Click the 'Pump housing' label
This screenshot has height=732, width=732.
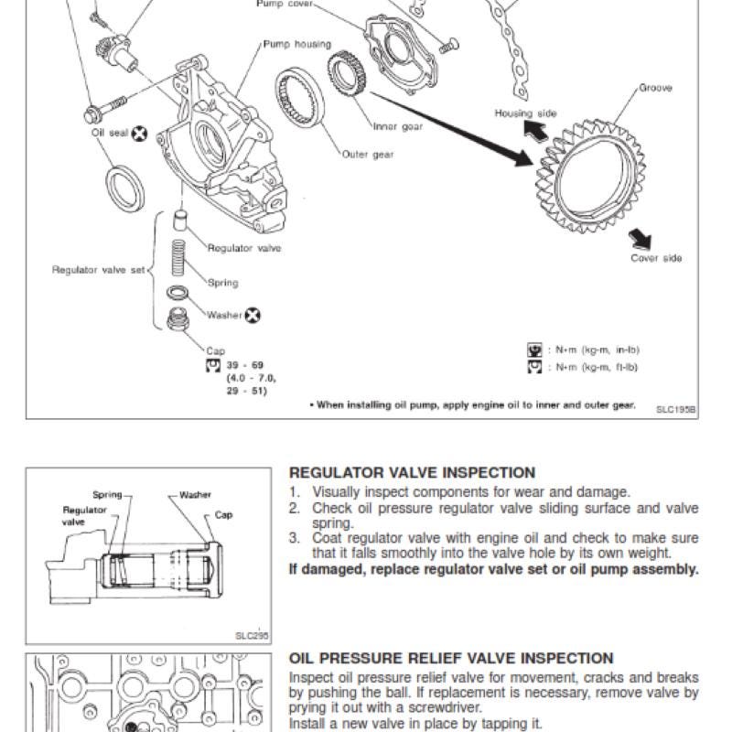tap(296, 44)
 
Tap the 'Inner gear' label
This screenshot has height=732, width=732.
tap(398, 126)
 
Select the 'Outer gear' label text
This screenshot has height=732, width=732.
tap(368, 155)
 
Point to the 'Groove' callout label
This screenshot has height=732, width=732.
tap(655, 88)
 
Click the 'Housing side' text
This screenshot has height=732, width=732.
tap(525, 113)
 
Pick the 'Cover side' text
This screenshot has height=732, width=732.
tap(656, 258)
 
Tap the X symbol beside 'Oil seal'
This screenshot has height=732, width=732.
tap(139, 134)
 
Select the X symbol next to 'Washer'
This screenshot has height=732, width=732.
tap(253, 316)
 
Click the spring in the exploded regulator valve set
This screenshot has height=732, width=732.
tap(178, 258)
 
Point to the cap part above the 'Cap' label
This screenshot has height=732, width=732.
tap(178, 319)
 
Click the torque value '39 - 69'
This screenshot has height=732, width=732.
tap(245, 365)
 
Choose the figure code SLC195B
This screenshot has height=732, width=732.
tap(675, 409)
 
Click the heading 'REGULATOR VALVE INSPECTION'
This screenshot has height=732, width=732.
tap(413, 472)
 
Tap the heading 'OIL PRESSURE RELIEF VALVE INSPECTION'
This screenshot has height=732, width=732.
tap(451, 658)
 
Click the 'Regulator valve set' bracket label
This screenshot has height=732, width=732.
tap(99, 270)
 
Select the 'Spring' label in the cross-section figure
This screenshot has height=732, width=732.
tap(107, 495)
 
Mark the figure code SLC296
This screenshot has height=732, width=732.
tap(253, 635)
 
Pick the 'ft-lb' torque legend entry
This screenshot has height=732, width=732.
tap(583, 367)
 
